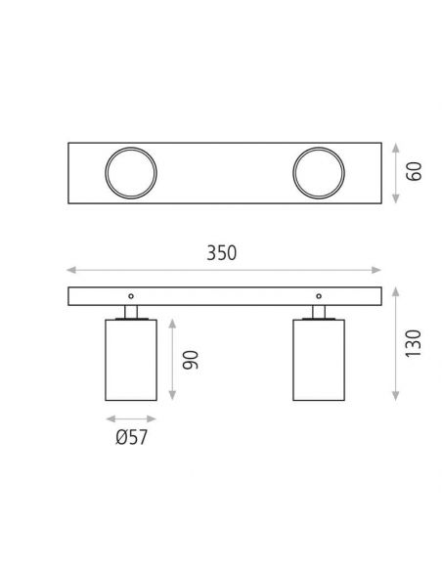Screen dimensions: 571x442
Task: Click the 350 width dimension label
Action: (x=223, y=253)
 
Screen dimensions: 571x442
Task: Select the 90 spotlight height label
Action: (x=194, y=359)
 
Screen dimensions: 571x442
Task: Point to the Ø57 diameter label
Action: (x=131, y=437)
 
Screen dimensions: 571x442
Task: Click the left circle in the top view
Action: (x=130, y=175)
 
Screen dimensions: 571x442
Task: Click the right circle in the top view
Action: (x=319, y=175)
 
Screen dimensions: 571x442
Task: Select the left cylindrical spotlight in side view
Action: (x=130, y=359)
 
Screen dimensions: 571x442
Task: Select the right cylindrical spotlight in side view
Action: (x=319, y=359)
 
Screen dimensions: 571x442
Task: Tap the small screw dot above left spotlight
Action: (x=130, y=295)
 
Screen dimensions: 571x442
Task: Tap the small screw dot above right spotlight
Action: (x=319, y=295)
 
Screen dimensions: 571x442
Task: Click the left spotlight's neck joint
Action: (x=130, y=312)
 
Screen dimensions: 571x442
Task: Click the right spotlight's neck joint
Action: (x=319, y=312)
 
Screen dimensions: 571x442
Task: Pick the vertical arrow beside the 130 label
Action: (x=395, y=343)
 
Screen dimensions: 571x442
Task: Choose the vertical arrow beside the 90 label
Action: (x=172, y=359)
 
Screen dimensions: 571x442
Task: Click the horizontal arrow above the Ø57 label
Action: (x=130, y=417)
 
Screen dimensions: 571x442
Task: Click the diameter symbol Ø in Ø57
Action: (x=119, y=437)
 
